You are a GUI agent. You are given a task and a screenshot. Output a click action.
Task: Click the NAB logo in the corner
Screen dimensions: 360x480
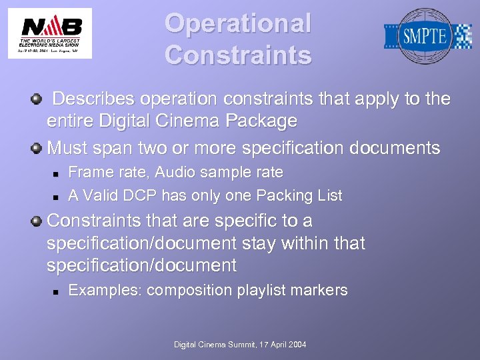pos(49,33)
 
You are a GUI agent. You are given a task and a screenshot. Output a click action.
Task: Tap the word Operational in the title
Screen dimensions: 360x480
pos(238,23)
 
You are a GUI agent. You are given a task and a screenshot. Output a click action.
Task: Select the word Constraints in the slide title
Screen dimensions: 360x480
pos(238,55)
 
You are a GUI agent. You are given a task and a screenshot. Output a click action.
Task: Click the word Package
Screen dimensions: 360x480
pos(262,122)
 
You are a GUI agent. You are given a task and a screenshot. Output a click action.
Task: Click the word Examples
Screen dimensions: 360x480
pos(105,291)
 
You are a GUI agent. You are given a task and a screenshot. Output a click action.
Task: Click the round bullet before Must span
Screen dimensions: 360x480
pos(39,147)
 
